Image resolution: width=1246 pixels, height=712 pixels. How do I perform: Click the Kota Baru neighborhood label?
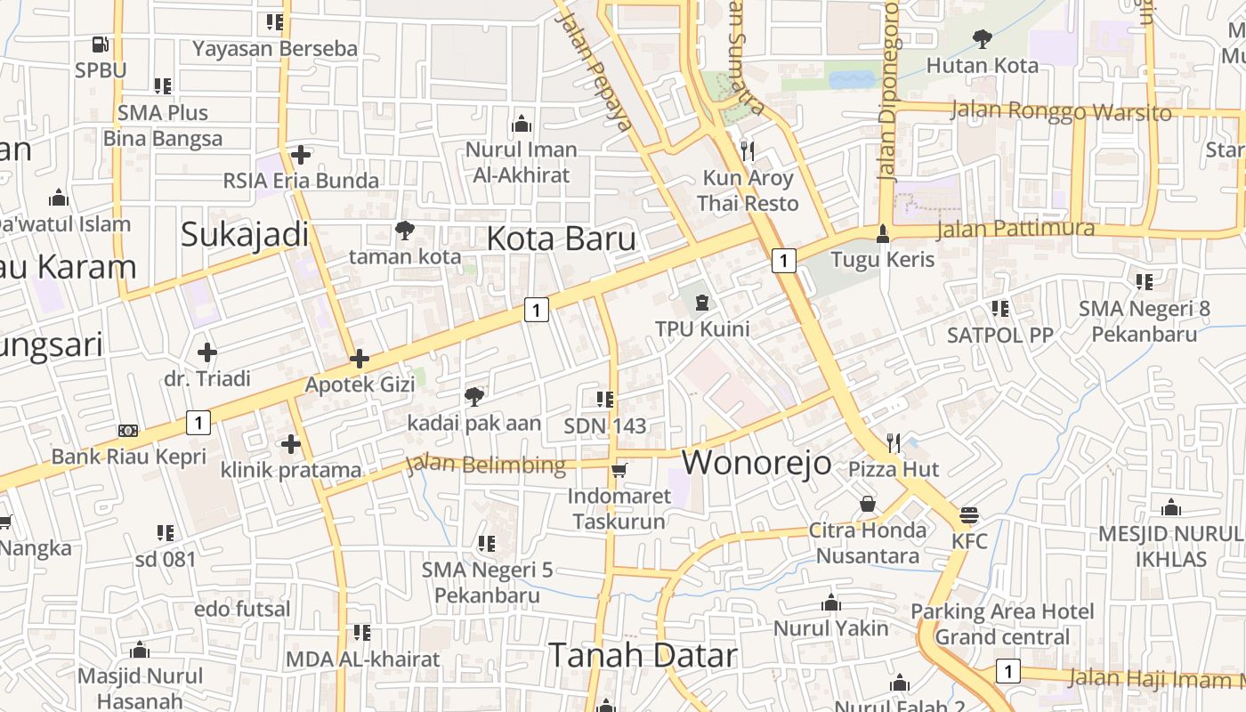(562, 239)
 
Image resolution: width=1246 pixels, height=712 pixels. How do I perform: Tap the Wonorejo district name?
(756, 463)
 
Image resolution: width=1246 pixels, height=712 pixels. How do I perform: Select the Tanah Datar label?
(643, 656)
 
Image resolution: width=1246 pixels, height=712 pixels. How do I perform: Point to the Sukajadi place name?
(245, 235)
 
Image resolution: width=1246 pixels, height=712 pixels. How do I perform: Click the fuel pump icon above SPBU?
(101, 44)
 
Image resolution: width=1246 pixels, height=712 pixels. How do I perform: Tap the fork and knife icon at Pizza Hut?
(894, 442)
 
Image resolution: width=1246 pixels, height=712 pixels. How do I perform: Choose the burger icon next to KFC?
(969, 515)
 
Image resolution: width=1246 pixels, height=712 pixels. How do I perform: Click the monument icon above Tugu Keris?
(882, 233)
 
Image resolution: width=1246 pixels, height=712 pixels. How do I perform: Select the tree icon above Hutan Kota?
(983, 39)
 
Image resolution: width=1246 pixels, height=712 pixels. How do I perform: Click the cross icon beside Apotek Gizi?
(360, 359)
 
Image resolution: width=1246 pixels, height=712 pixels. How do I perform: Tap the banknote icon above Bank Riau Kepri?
(128, 431)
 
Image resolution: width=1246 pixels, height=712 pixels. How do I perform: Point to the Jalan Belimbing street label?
(486, 465)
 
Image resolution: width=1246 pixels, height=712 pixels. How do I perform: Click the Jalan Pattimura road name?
(1015, 229)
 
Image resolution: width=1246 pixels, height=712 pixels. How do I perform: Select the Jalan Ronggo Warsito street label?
(1061, 112)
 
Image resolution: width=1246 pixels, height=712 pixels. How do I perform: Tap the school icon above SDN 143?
(605, 400)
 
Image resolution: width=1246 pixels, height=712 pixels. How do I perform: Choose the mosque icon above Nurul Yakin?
(831, 603)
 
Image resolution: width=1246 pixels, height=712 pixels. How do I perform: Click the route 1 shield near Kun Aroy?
(782, 261)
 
